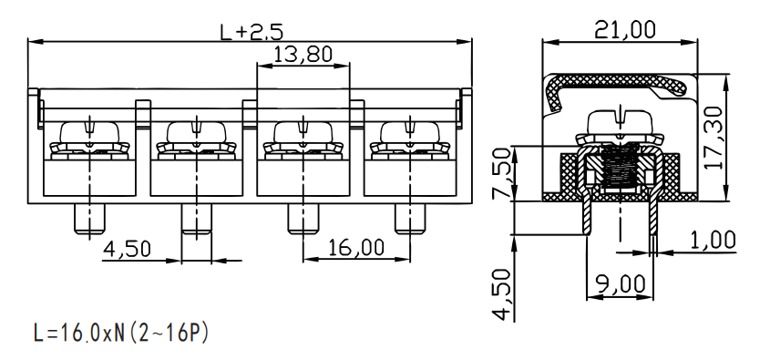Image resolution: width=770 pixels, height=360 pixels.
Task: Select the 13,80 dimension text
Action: [x=303, y=54]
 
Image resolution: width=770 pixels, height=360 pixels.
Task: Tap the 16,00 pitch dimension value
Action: [x=355, y=248]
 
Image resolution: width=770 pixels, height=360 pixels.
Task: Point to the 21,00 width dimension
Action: [x=624, y=30]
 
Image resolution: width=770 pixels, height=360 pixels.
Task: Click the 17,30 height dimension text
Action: [x=713, y=138]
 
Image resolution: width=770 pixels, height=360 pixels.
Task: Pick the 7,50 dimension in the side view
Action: [x=501, y=174]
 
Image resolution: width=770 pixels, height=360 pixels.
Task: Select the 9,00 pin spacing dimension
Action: [x=621, y=284]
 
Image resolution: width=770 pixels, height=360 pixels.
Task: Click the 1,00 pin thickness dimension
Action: [x=713, y=241]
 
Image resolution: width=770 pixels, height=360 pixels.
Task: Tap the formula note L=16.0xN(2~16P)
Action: [x=121, y=333]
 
